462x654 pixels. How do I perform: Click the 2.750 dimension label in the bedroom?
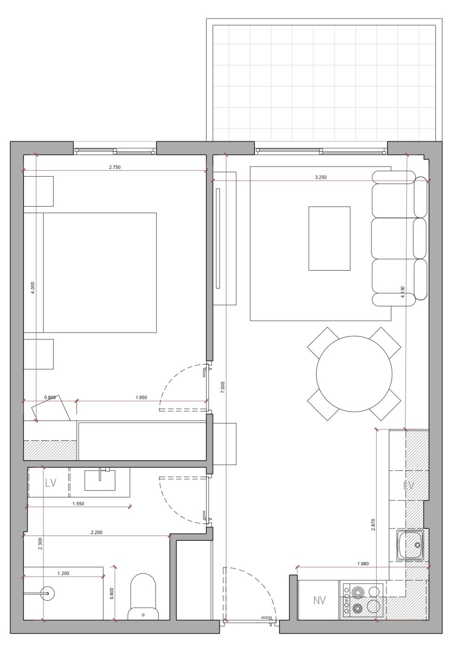(x=115, y=167)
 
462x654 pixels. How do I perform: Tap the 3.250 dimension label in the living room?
(x=321, y=178)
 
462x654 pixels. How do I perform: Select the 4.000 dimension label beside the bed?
(x=33, y=288)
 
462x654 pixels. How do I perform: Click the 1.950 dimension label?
(x=141, y=397)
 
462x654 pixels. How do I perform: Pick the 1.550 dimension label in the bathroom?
(x=78, y=504)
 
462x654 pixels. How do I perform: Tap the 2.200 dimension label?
(x=96, y=532)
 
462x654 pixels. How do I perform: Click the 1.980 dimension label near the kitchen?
(x=363, y=563)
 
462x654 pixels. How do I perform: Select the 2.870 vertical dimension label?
(x=373, y=525)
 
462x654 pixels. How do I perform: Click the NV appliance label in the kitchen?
(x=320, y=601)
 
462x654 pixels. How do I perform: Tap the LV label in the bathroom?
(x=50, y=483)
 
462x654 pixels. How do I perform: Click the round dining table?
(x=354, y=373)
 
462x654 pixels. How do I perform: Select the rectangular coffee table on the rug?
(x=329, y=238)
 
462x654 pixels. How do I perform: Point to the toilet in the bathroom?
(x=142, y=596)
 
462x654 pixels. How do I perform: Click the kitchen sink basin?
(x=411, y=545)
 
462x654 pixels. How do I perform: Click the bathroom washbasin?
(x=100, y=480)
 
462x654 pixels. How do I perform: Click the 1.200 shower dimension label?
(x=63, y=573)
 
